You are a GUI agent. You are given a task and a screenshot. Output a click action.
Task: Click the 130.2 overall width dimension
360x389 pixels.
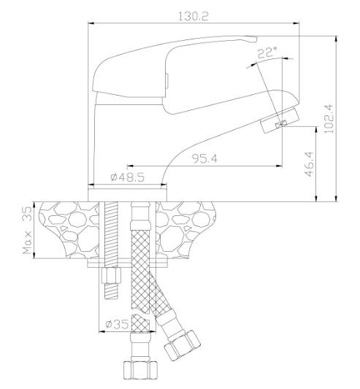click(x=194, y=16)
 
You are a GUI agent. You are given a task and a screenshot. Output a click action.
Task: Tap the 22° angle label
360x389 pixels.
click(x=267, y=53)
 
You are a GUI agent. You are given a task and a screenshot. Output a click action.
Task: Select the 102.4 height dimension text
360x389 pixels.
click(x=328, y=119)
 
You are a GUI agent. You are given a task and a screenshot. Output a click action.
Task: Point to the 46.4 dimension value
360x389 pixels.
click(x=310, y=164)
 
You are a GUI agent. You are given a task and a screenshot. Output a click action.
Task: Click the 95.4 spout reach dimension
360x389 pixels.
click(x=204, y=159)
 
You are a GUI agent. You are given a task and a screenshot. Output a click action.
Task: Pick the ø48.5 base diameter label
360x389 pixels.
click(x=127, y=177)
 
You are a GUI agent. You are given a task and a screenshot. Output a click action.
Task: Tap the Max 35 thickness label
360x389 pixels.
click(x=27, y=230)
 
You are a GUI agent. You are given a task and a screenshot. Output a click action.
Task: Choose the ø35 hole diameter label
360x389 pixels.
click(x=117, y=324)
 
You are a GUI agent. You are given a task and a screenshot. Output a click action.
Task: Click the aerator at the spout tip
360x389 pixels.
click(x=279, y=120)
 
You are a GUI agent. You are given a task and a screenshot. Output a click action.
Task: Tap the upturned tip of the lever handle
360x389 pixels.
click(x=250, y=39)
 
